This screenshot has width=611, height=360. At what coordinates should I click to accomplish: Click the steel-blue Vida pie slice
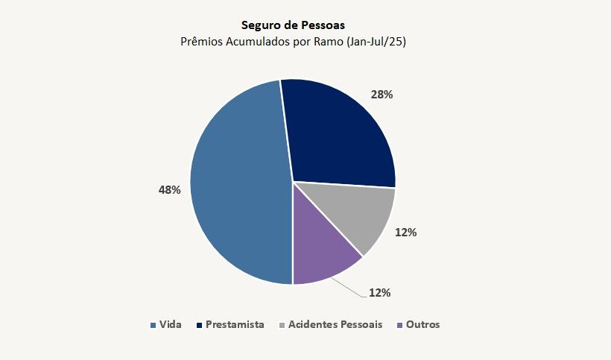coord(238,186)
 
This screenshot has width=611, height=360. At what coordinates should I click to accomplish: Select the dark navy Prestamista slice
coord(335,134)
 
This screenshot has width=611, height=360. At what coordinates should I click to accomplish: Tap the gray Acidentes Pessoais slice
coord(350,216)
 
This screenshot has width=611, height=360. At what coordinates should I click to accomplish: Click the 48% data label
coord(169,190)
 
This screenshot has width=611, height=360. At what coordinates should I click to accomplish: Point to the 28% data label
coord(382,95)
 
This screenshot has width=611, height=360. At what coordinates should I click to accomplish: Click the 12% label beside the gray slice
coord(405,232)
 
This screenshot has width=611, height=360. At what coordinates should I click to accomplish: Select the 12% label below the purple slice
coord(379,292)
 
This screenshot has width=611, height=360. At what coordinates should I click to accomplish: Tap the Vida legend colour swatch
coord(153,325)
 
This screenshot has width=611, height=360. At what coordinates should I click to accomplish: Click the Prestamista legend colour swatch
coord(199,325)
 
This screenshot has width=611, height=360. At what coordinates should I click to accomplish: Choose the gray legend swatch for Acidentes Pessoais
coord(281,325)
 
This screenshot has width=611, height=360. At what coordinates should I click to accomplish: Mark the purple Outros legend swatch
coord(400,325)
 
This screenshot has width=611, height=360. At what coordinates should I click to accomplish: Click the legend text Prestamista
coord(235,325)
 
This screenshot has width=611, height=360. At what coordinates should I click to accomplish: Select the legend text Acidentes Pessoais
coord(335,325)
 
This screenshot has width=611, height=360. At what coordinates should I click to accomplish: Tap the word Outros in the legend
coord(423,325)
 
